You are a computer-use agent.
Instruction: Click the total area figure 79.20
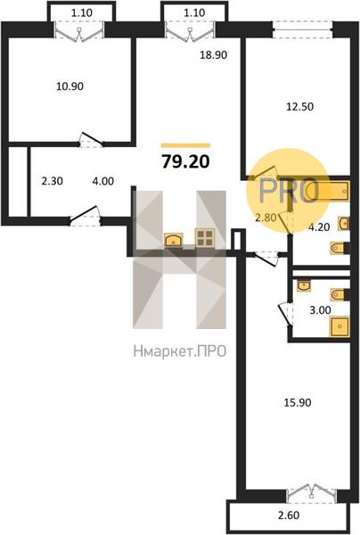coord(185,161)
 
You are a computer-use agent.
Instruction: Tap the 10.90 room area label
coord(70,86)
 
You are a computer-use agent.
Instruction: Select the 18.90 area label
coord(213,54)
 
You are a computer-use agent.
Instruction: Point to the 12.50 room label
coord(299,107)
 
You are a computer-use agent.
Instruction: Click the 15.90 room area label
coord(298,403)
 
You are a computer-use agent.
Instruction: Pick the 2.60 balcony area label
coord(289,514)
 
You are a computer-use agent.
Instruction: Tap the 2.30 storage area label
coord(53,181)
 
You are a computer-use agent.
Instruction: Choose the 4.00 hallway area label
coord(103,181)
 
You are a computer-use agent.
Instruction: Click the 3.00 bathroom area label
coord(320,310)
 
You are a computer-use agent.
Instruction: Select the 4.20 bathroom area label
coord(319,226)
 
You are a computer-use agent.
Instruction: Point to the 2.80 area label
coord(266,218)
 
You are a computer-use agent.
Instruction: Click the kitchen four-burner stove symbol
coord(205,237)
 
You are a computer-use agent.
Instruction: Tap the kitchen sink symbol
coord(174,239)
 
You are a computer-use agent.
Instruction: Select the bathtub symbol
coord(327,191)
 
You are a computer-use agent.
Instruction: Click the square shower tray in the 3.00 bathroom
coord(340,326)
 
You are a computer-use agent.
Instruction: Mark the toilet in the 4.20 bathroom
coord(340,248)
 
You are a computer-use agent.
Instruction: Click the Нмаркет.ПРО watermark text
coord(180,351)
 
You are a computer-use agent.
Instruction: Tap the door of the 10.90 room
coord(91,140)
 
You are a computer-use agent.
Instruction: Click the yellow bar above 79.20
coord(186,145)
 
